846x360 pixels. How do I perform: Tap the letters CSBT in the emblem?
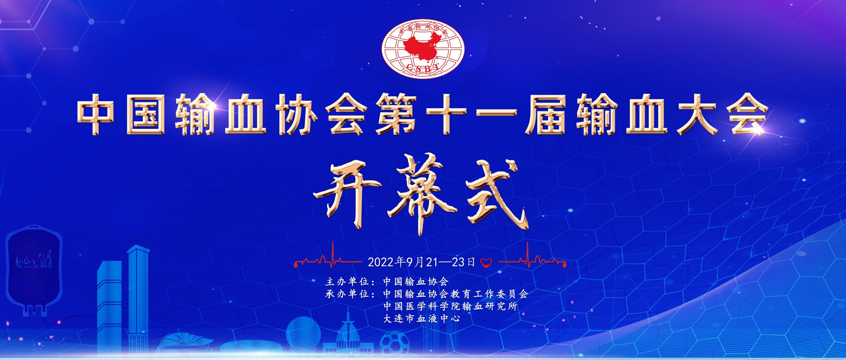click(423, 68)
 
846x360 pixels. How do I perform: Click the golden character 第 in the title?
click(396, 114)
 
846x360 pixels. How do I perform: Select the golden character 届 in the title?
click(546, 114)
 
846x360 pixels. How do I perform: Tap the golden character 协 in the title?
click(296, 114)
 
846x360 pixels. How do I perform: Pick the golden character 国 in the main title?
click(146, 114)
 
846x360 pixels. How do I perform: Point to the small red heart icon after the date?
click(486, 262)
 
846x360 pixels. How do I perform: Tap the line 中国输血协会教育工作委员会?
click(456, 294)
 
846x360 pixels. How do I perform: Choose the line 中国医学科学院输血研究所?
click(450, 306)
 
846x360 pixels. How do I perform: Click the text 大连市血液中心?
click(422, 319)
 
